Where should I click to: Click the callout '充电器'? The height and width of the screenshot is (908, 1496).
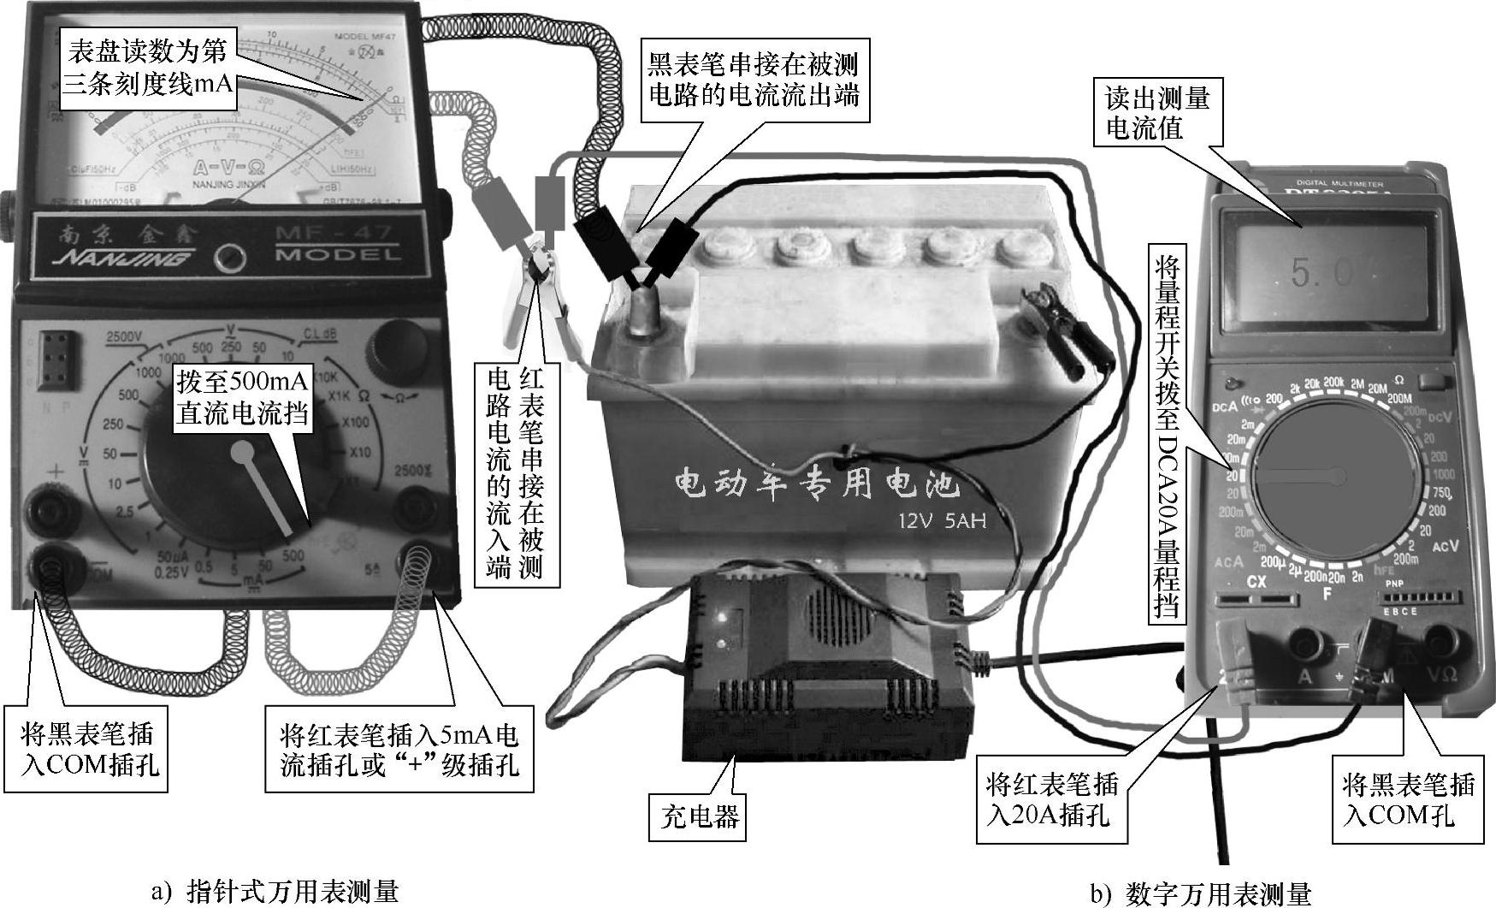[x=699, y=816]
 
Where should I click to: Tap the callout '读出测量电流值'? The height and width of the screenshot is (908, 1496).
[x=1157, y=112]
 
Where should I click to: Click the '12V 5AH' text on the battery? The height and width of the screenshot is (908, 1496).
[x=941, y=519]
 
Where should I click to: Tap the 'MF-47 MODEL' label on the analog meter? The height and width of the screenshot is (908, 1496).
[x=338, y=244]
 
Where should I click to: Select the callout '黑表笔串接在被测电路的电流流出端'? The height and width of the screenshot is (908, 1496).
[x=753, y=79]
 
